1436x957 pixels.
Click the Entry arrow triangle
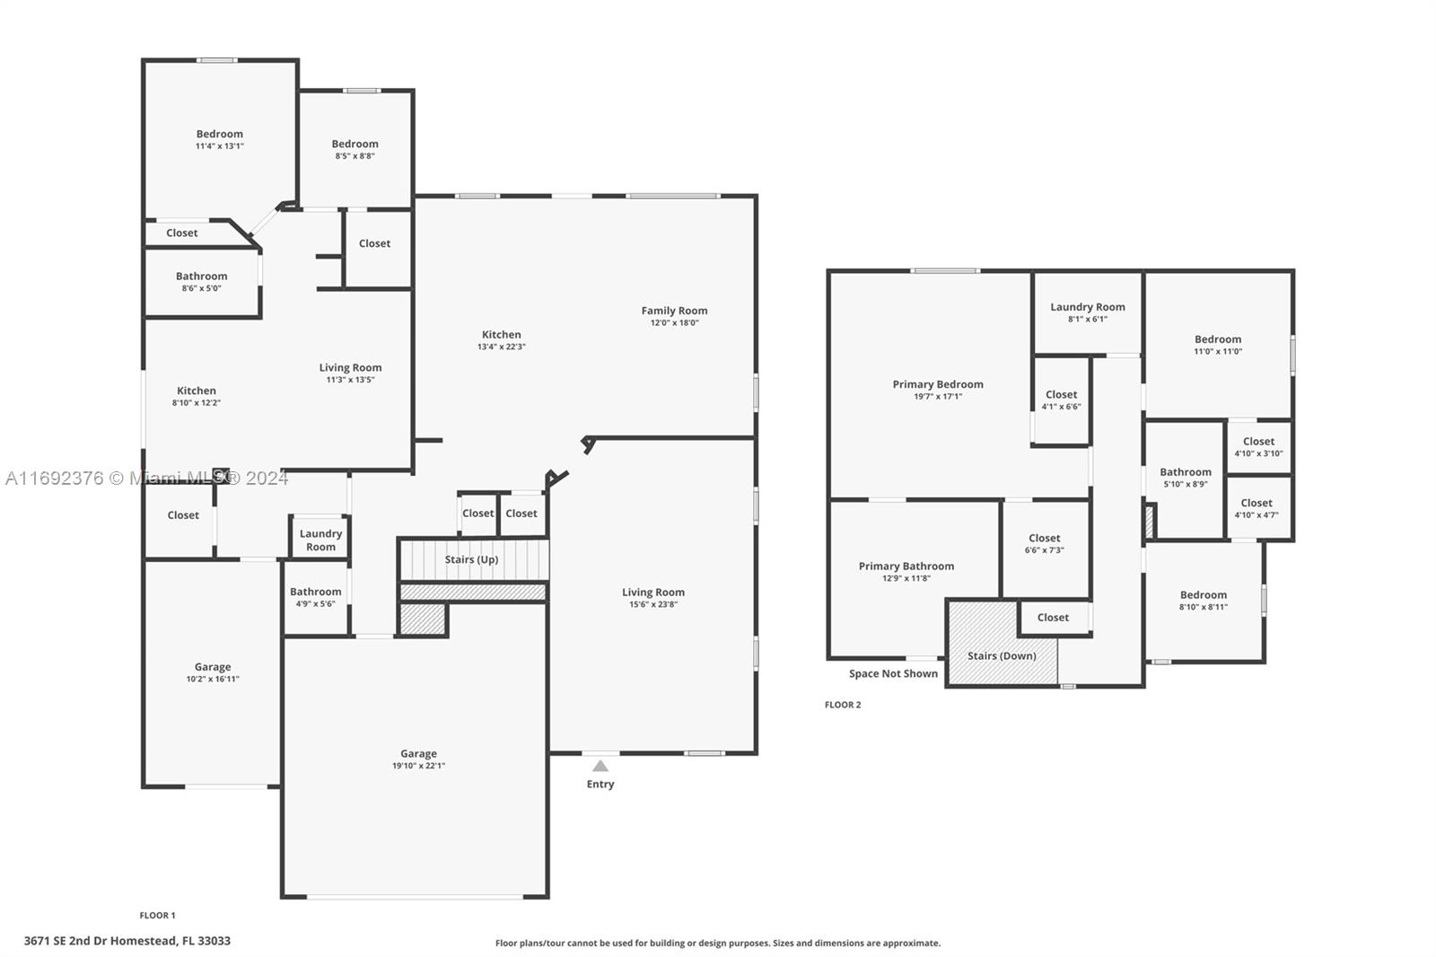(600, 766)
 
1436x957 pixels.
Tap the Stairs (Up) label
(471, 559)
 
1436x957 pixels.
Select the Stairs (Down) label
(1002, 655)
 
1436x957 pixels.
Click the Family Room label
(674, 311)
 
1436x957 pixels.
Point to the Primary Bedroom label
(938, 384)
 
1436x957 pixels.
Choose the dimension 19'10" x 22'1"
(418, 765)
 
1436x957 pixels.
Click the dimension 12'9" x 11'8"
(906, 578)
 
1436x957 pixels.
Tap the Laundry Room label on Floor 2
(1087, 307)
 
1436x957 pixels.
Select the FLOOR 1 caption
(157, 916)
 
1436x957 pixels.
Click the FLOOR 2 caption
(843, 704)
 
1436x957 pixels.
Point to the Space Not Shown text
(893, 673)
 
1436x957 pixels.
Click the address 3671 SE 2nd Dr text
(76, 941)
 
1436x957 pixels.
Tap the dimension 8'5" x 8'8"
(355, 156)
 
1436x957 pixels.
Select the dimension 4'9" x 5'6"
(315, 603)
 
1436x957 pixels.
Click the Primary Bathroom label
(906, 566)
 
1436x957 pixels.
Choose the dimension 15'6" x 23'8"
(653, 604)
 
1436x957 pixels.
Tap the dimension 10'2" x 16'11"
(213, 679)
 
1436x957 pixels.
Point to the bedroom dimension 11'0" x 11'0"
(1217, 352)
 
